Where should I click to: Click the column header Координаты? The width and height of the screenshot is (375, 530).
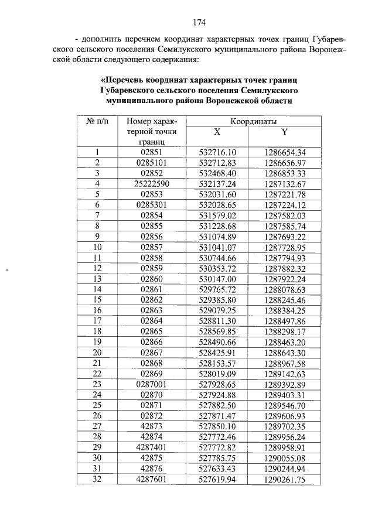point(253,121)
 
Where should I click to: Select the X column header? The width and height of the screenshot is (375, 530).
point(217,132)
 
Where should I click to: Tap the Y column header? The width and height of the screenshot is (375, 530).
point(285,132)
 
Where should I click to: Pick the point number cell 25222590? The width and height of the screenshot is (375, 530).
point(152,183)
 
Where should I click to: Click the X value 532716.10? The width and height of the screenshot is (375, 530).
point(217,152)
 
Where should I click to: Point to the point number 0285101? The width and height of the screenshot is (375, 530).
point(152,162)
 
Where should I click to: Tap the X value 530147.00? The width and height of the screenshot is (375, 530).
point(217,279)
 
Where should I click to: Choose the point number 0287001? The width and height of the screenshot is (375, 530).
point(152,384)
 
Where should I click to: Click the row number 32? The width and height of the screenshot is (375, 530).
point(97,479)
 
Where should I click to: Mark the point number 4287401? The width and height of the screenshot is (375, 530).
point(152,447)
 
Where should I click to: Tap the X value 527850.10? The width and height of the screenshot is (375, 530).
point(217,426)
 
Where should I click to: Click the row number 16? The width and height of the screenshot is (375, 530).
point(97,310)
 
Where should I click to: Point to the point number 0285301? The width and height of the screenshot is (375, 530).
point(152,204)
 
